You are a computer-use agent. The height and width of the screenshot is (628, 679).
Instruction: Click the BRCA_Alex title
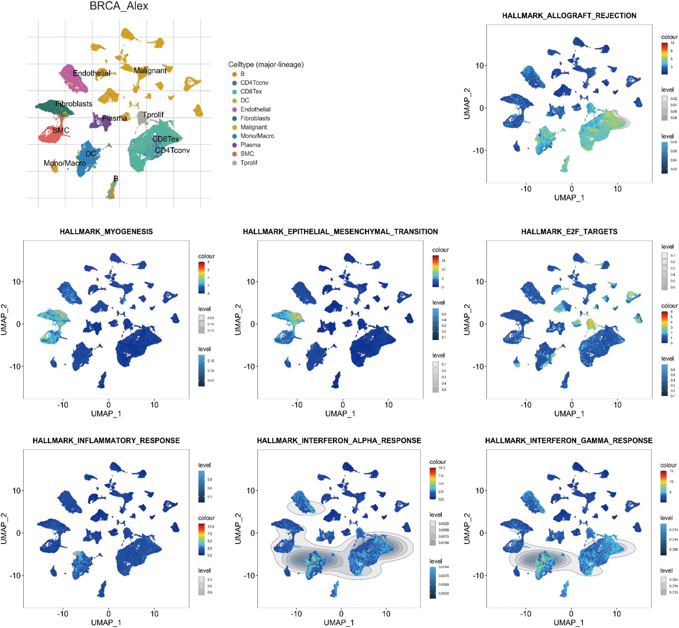[x=119, y=6]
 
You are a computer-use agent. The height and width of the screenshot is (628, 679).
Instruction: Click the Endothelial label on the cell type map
[x=92, y=73]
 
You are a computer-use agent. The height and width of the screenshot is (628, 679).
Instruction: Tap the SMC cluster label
[x=61, y=130]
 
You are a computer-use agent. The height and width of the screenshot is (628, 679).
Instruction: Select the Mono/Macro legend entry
[x=257, y=136]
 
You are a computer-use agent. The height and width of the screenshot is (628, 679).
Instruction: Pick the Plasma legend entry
[x=250, y=145]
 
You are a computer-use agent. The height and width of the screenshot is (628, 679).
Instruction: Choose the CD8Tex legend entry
[x=251, y=91]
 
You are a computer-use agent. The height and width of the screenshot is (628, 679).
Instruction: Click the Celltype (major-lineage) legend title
[x=266, y=65]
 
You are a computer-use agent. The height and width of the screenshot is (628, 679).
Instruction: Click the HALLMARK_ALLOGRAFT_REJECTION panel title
[x=569, y=16]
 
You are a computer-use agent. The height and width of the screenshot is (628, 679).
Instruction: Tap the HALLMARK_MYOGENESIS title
[x=106, y=231]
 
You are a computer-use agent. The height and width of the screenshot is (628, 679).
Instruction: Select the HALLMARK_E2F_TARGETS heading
[x=569, y=231]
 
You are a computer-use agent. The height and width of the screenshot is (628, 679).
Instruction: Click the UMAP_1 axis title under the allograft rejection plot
[x=569, y=198]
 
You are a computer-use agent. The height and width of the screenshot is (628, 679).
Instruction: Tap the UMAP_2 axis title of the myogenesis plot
[x=4, y=320]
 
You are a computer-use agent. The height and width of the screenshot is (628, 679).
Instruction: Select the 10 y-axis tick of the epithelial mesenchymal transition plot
[x=250, y=282]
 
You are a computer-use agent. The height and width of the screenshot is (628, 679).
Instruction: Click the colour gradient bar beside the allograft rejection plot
[x=664, y=58]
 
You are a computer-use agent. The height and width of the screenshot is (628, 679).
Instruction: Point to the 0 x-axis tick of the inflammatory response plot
[x=108, y=614]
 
